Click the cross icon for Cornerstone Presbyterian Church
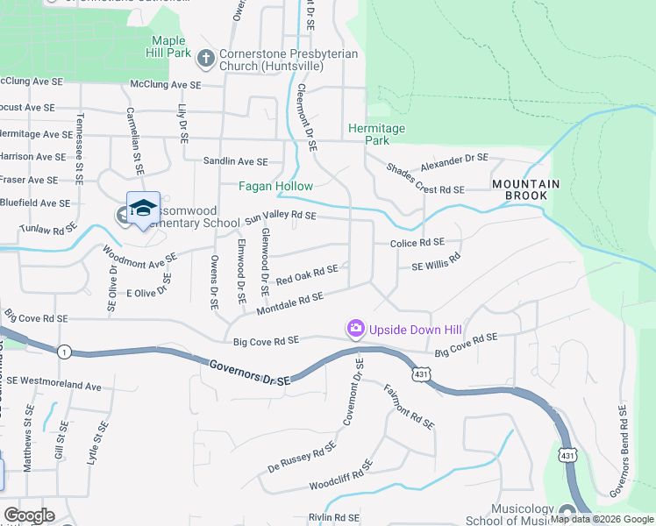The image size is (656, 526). click(x=206, y=58)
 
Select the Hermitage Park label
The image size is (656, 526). click(x=377, y=134)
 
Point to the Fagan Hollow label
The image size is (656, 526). click(x=276, y=186)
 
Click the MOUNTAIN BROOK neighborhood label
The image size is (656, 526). click(x=519, y=189)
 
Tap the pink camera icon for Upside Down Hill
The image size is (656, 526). click(x=355, y=329)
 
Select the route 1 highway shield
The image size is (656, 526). click(x=64, y=352)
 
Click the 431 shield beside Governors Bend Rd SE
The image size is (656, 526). click(x=567, y=454)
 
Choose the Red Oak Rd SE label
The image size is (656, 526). click(x=306, y=276)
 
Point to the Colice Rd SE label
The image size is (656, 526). click(x=411, y=243)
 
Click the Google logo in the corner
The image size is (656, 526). click(x=29, y=515)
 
